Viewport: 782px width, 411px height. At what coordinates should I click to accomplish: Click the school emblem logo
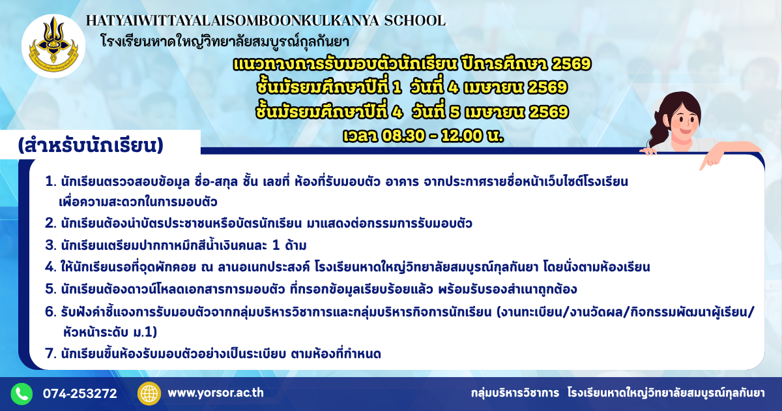click(53, 46)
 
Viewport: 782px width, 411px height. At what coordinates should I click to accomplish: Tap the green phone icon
click(22, 393)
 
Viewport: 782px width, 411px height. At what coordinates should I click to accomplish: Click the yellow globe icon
click(149, 393)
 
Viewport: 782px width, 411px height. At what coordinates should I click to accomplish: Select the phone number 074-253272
click(80, 393)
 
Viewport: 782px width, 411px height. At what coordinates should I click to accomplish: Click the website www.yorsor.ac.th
click(216, 393)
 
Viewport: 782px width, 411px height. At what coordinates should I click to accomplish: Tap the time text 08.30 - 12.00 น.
click(442, 136)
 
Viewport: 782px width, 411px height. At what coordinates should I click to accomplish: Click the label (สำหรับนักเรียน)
click(91, 145)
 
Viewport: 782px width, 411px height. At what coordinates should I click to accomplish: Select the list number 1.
click(51, 182)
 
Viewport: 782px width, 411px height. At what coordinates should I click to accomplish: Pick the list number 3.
click(51, 245)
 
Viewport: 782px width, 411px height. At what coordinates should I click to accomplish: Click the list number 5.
click(51, 290)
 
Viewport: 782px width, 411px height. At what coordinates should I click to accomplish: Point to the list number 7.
click(51, 354)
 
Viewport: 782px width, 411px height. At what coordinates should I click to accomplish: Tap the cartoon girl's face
click(684, 121)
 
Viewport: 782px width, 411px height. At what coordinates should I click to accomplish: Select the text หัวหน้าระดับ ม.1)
click(110, 332)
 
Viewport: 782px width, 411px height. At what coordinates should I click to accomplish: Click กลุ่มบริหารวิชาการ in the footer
click(515, 393)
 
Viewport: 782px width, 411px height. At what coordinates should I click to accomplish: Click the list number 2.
click(51, 223)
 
